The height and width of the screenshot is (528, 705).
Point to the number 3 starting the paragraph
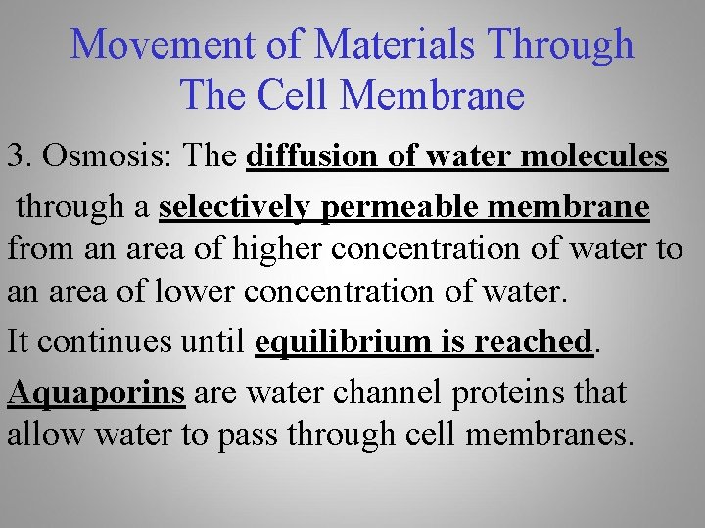tap(16, 156)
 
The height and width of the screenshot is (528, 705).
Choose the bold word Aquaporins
tap(96, 393)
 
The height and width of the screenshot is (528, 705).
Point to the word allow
tap(44, 434)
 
